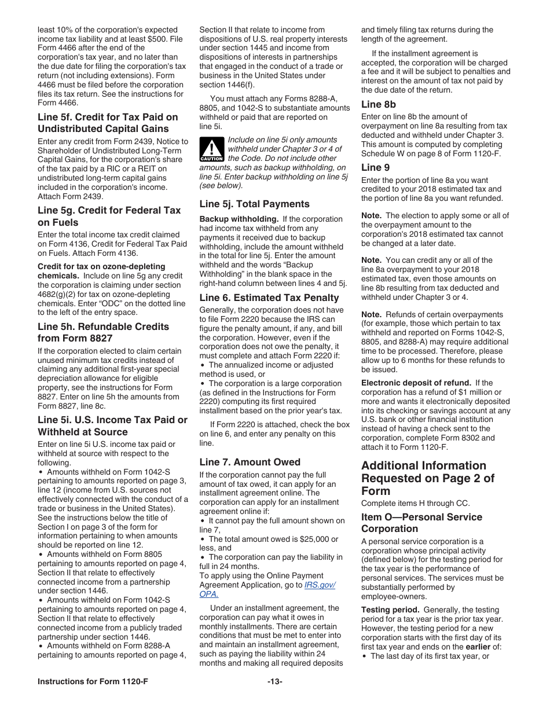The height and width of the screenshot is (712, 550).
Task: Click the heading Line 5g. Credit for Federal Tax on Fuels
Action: pyautogui.click(x=109, y=216)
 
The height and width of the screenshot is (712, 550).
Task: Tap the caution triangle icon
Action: pyautogui.click(x=211, y=150)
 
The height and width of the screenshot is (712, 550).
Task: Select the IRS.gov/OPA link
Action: pyautogui.click(x=319, y=589)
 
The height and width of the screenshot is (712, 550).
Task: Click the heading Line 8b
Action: pyautogui.click(x=379, y=105)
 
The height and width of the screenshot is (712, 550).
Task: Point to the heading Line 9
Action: pyautogui.click(x=375, y=167)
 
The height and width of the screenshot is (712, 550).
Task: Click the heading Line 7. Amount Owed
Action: pyautogui.click(x=250, y=462)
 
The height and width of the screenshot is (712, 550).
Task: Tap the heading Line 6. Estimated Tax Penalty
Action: pyautogui.click(x=269, y=298)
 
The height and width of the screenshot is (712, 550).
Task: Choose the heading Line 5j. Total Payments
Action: pyautogui.click(x=254, y=204)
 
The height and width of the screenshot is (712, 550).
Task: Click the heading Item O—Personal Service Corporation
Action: pyautogui.click(x=421, y=523)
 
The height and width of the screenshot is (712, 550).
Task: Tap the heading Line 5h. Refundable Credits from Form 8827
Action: pyautogui.click(x=103, y=332)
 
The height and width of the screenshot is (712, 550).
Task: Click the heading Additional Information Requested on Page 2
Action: pyautogui.click(x=423, y=478)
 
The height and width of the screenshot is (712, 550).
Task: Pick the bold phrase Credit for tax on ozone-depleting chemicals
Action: pyautogui.click(x=101, y=271)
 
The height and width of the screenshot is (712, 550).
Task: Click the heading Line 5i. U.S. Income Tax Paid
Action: pyautogui.click(x=112, y=426)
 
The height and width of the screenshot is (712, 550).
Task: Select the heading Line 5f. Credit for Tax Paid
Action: pyautogui.click(x=108, y=123)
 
